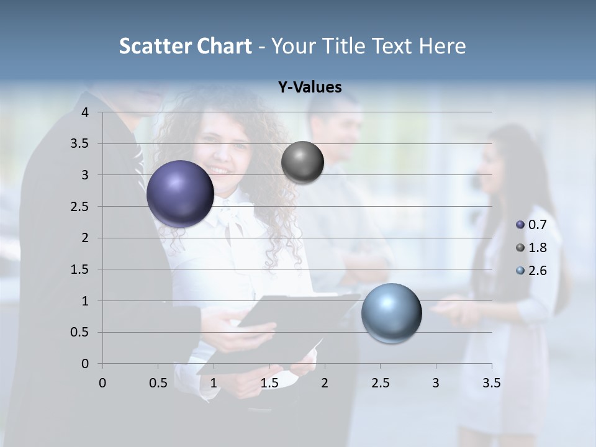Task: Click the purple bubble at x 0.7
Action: pyautogui.click(x=181, y=194)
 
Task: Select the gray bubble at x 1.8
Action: pyautogui.click(x=302, y=163)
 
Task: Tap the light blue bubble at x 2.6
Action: pyautogui.click(x=392, y=313)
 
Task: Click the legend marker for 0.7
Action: pyautogui.click(x=520, y=225)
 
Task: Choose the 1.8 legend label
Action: pyautogui.click(x=537, y=248)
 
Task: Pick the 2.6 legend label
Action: pyautogui.click(x=537, y=271)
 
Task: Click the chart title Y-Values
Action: pyautogui.click(x=310, y=88)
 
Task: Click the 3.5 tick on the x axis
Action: pyautogui.click(x=491, y=383)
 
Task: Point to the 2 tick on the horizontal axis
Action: pyautogui.click(x=324, y=383)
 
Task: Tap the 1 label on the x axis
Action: pyautogui.click(x=214, y=383)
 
